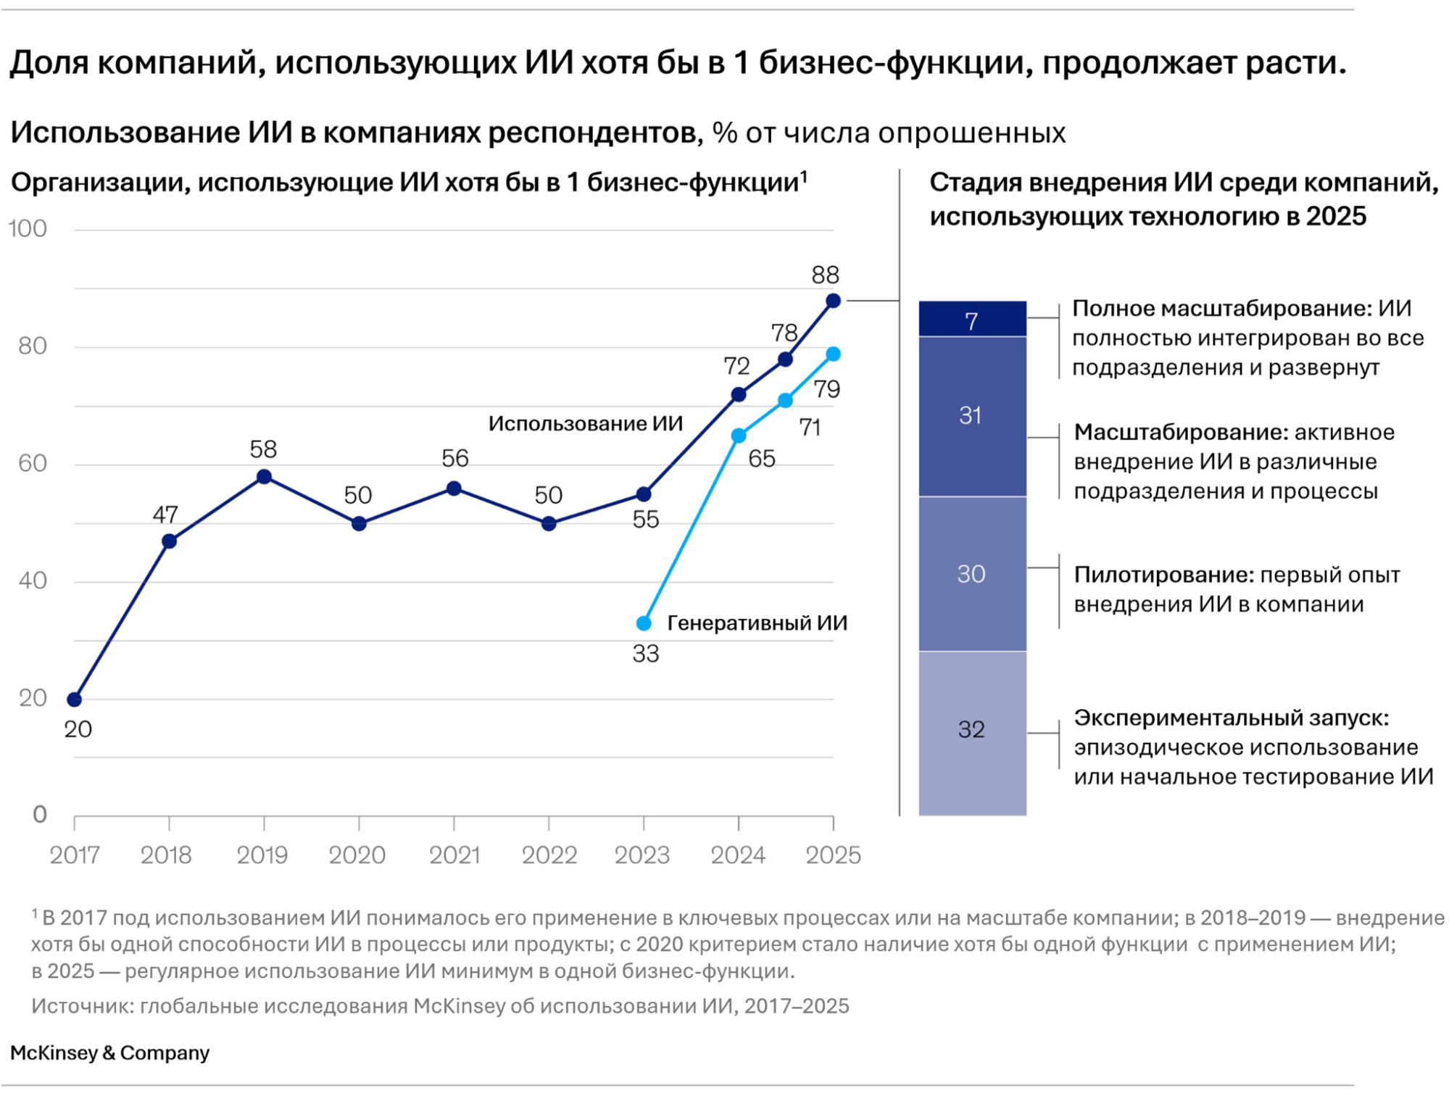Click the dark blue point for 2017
[74, 699]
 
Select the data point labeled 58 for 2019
[265, 477]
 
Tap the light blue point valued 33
[644, 623]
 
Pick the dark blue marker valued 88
[834, 301]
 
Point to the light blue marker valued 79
[834, 354]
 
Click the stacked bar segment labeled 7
[972, 320]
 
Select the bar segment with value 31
[972, 416]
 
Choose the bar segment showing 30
[972, 574]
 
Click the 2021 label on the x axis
[454, 856]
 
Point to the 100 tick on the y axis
[28, 229]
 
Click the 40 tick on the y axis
[33, 581]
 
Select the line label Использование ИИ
[585, 424]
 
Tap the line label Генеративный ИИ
[757, 623]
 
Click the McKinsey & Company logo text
[110, 1053]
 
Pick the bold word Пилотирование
[1163, 575]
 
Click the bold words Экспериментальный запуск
[1231, 718]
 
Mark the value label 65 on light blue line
[762, 459]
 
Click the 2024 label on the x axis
[738, 856]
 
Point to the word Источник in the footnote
[81, 1007]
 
